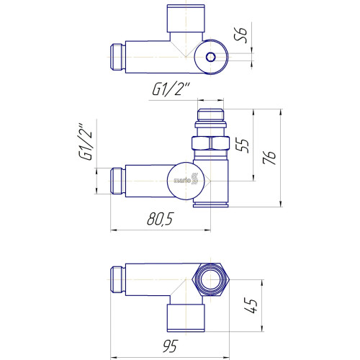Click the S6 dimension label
click(x=240, y=35)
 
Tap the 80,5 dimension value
click(x=160, y=219)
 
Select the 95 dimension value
click(x=171, y=346)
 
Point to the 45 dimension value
click(x=251, y=306)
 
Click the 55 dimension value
click(x=243, y=145)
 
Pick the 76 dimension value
click(x=269, y=158)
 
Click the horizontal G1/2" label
click(x=171, y=89)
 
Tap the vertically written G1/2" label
click(x=85, y=142)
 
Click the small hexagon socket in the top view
click(x=211, y=57)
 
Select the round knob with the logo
click(x=186, y=181)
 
